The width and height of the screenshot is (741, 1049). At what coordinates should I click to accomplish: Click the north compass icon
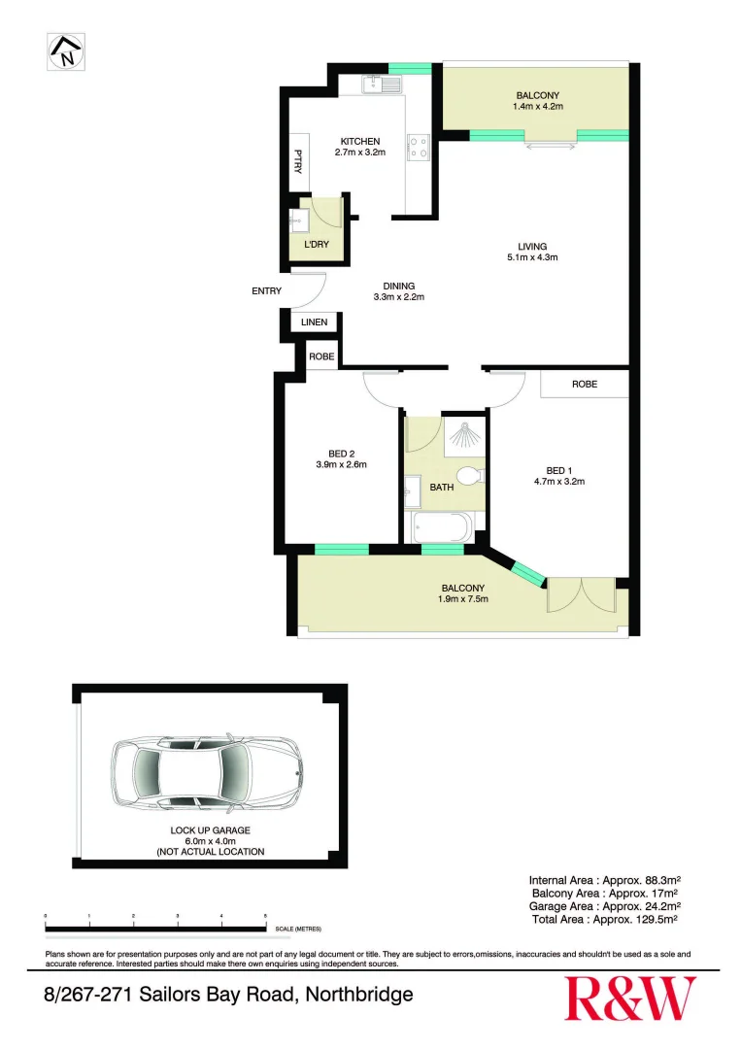click(64, 51)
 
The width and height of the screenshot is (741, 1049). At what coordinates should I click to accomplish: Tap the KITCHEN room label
click(360, 141)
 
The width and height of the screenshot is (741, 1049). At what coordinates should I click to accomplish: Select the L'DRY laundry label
click(316, 245)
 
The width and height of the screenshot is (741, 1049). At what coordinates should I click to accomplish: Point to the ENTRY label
click(266, 290)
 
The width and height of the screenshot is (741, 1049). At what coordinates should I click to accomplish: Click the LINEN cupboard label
click(315, 322)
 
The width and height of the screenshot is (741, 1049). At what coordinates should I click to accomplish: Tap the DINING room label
click(398, 286)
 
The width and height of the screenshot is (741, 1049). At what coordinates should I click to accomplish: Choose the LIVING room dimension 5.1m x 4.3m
click(532, 258)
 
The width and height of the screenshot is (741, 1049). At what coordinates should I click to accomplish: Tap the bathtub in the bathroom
click(442, 529)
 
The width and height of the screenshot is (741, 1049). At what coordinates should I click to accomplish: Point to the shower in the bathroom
click(465, 436)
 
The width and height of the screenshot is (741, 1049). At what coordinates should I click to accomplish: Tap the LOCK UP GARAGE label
click(211, 830)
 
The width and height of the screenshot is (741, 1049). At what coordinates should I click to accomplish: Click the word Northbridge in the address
click(359, 995)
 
